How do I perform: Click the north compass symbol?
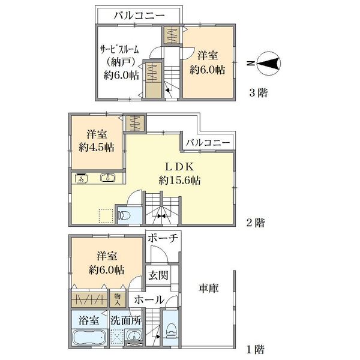tap(269, 63)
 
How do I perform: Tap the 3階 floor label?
tap(259, 93)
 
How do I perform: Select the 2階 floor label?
tap(256, 223)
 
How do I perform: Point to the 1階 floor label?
tap(256, 349)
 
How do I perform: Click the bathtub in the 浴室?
tap(89, 337)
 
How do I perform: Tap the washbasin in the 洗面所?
tap(134, 337)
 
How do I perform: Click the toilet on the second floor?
tap(124, 216)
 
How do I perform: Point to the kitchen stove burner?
tap(81, 178)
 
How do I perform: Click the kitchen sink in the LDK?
tap(107, 178)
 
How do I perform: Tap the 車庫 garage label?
tap(208, 288)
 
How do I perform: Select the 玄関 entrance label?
tap(158, 275)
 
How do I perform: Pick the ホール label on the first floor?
tap(149, 299)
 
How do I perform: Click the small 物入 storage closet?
tap(118, 299)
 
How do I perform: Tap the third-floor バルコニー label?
tap(139, 16)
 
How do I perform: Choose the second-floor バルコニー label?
tap(208, 143)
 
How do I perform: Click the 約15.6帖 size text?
tap(179, 181)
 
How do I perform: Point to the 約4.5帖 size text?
tap(97, 147)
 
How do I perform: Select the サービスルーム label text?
tap(119, 49)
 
